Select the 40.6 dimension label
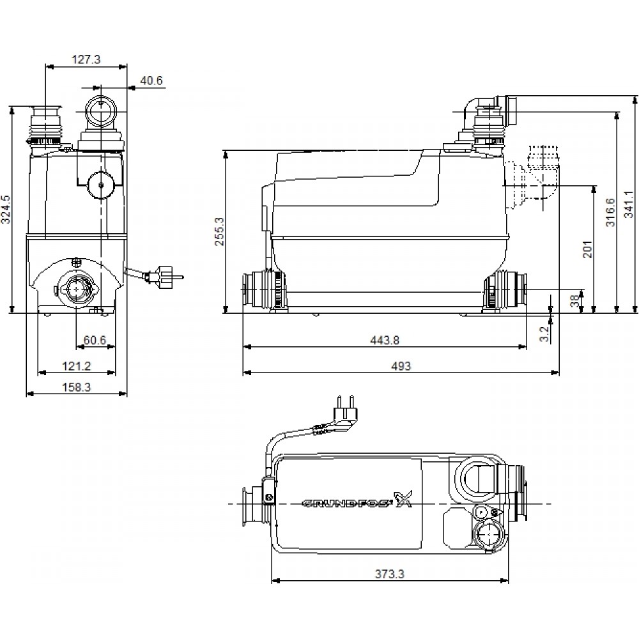tap(151, 81)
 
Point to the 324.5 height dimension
tap(6, 209)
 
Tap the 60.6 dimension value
tap(95, 340)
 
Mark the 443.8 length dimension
tap(385, 341)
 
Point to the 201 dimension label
tap(588, 249)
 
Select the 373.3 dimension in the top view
tap(389, 574)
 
